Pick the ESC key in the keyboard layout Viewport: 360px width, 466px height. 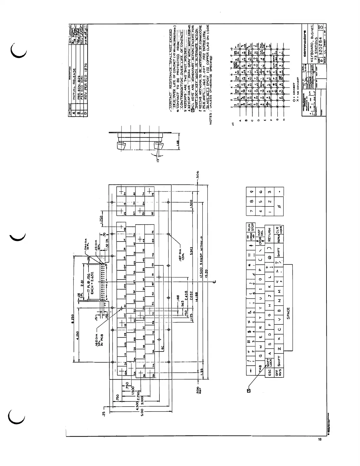tap(269, 372)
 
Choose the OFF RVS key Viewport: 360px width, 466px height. tap(279, 372)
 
